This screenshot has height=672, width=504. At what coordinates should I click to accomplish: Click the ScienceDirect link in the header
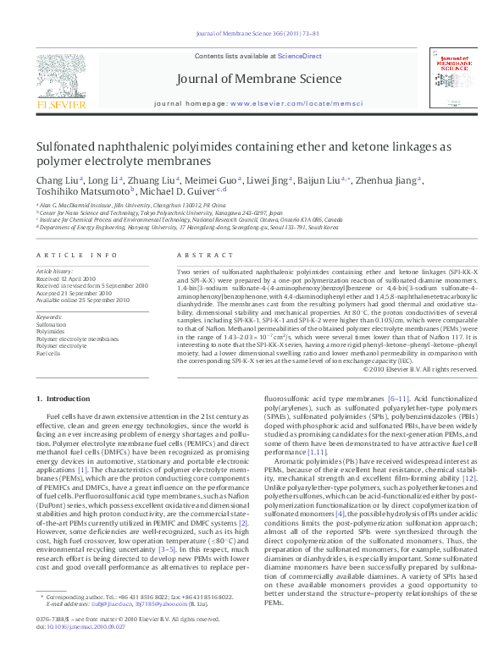[300, 56]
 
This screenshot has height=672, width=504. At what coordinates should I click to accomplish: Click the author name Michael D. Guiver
[176, 193]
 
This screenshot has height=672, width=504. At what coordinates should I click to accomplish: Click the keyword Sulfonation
[52, 324]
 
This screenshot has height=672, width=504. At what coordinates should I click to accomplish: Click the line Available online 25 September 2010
[83, 300]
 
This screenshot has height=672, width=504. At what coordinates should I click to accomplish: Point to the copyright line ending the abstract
[414, 369]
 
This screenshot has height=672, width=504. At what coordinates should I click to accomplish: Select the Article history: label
[55, 271]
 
